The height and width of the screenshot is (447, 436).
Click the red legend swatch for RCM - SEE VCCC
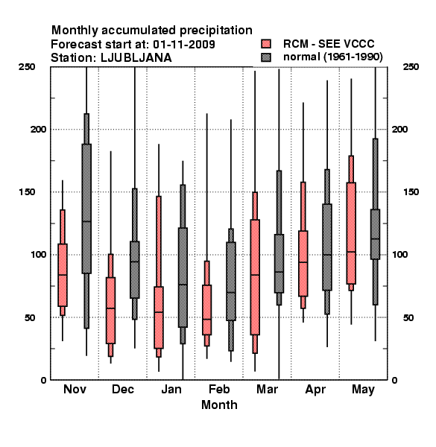(x=266, y=44)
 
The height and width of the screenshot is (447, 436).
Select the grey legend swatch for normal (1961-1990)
(x=266, y=57)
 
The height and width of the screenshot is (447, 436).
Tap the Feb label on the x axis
(x=219, y=389)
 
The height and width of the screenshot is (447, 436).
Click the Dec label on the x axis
(x=123, y=389)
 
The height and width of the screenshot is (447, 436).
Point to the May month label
(x=363, y=390)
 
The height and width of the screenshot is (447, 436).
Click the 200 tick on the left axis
(x=38, y=130)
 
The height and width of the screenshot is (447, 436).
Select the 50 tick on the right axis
(x=408, y=317)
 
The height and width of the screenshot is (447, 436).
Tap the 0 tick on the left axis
(x=43, y=380)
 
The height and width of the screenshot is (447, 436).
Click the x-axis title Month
(x=219, y=405)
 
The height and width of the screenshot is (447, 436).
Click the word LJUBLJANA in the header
(x=136, y=58)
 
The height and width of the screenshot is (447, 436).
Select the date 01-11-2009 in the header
(x=184, y=45)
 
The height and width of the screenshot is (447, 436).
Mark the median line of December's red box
(x=110, y=308)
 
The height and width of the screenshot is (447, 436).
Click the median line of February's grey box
(x=231, y=293)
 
